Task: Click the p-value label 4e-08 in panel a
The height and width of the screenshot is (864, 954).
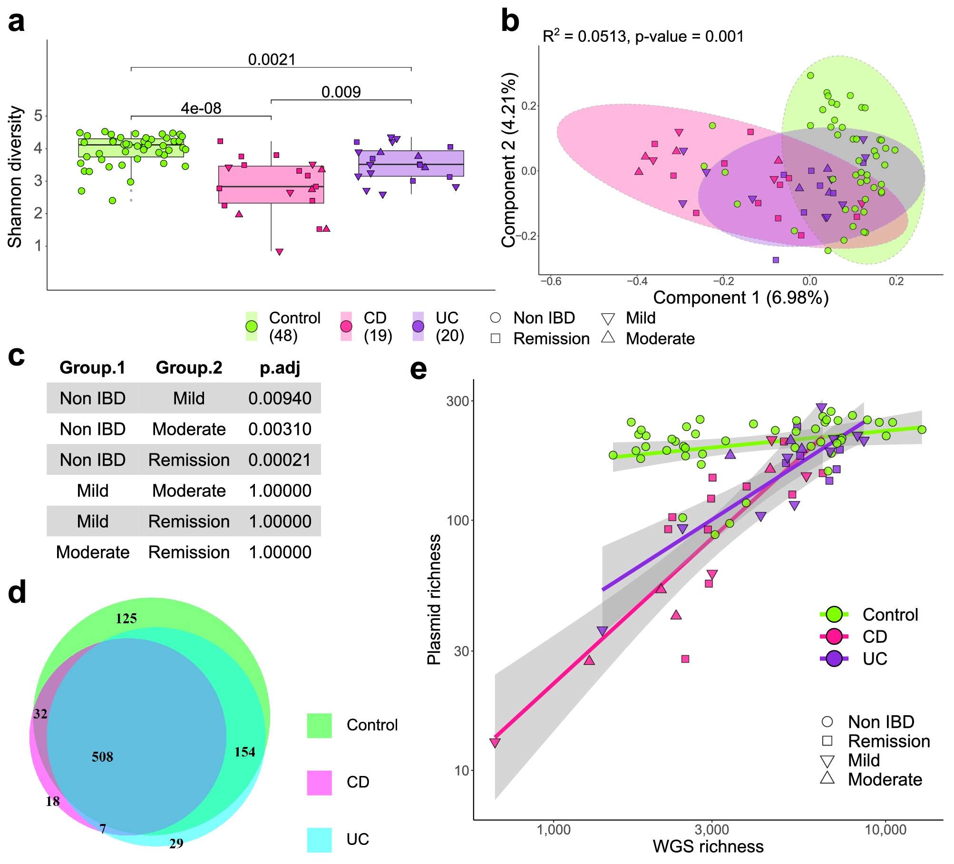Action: (201, 108)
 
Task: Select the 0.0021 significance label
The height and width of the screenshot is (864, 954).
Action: (272, 59)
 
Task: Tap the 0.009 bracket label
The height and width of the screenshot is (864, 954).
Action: (341, 92)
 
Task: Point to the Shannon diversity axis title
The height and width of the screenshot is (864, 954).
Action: (15, 177)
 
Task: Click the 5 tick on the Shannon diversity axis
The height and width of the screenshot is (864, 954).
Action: (38, 116)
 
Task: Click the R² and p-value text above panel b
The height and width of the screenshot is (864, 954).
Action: (642, 36)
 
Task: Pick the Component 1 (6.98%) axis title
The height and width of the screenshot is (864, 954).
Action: (740, 298)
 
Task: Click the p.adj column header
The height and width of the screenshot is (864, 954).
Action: (280, 368)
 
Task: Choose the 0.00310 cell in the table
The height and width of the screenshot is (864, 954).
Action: (280, 429)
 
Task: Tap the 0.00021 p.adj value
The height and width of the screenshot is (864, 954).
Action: (280, 460)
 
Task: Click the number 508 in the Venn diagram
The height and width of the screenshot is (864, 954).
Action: (102, 756)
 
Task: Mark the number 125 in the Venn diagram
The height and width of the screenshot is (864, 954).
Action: (126, 619)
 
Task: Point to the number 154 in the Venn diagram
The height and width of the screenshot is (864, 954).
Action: (244, 752)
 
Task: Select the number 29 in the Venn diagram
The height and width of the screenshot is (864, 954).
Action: (176, 844)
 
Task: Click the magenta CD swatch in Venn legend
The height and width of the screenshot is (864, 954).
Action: (319, 783)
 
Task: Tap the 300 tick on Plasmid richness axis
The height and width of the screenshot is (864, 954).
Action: (457, 401)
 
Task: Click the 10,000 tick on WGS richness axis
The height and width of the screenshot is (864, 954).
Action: (885, 830)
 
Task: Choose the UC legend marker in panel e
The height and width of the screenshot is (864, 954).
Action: (834, 659)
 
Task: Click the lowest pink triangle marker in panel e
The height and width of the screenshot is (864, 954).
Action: (495, 743)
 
